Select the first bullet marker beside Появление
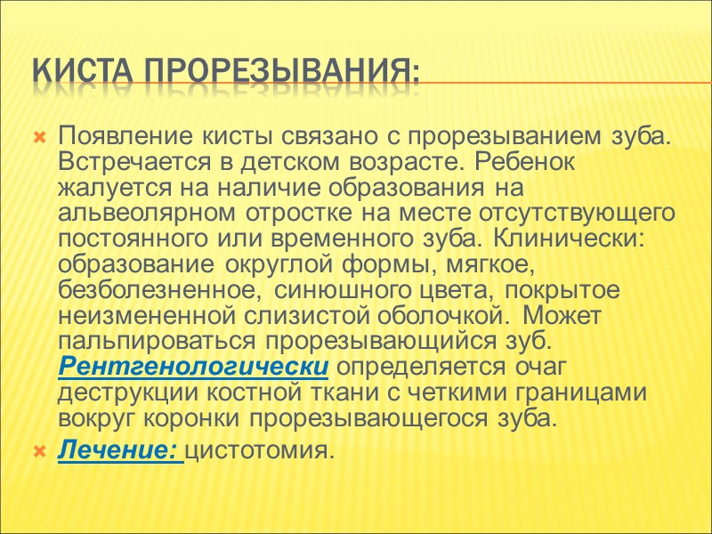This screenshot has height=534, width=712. coord(38,139)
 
